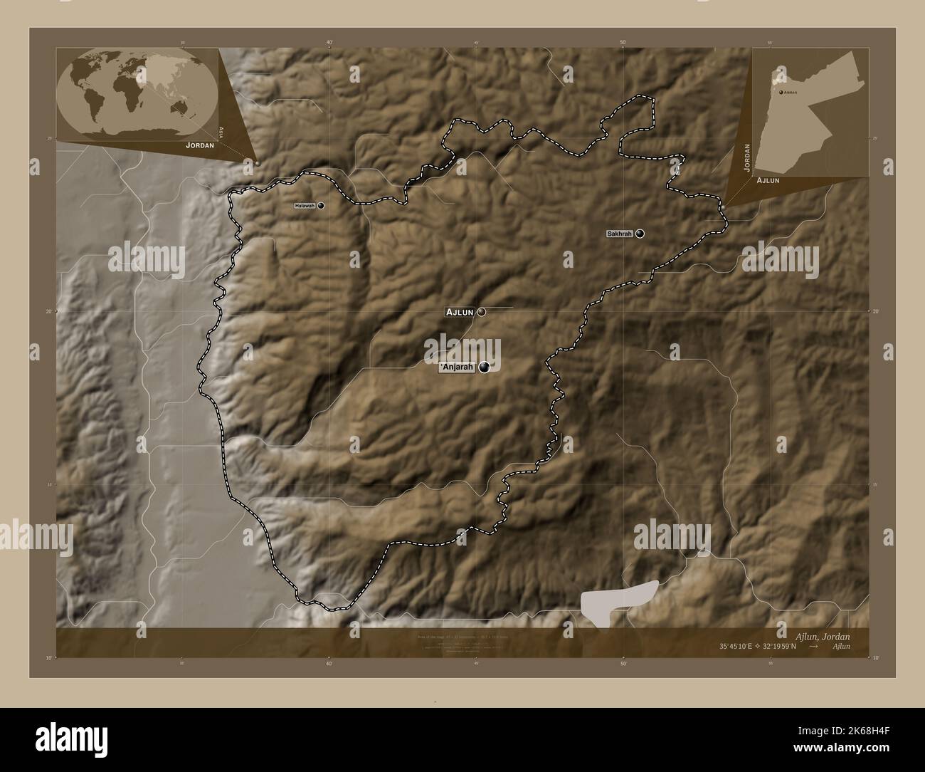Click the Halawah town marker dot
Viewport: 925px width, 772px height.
pos(321,206)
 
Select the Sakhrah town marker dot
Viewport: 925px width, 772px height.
pos(640,234)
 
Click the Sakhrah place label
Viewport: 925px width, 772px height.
pos(619,234)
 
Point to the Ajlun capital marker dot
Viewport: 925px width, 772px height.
pos(482,312)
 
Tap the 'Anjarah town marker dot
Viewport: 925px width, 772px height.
pos(485,367)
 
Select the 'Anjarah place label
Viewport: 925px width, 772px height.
pos(457,367)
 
